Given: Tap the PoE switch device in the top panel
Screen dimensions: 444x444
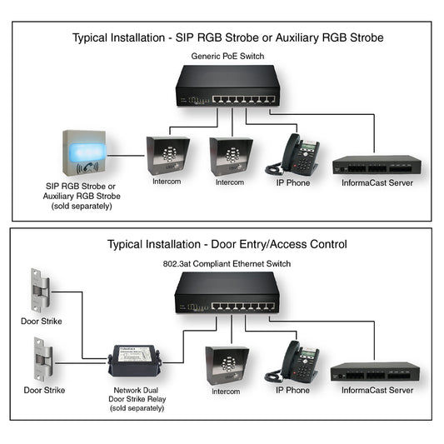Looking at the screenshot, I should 227,88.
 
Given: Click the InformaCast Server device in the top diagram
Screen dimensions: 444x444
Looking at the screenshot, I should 376,164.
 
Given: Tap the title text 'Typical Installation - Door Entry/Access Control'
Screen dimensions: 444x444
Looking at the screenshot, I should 227,244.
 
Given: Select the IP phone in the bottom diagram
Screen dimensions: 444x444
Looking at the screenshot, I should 297,361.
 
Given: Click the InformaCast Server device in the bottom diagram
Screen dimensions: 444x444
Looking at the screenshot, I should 374,372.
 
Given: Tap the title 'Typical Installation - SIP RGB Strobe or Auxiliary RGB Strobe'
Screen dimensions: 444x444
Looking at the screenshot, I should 227,38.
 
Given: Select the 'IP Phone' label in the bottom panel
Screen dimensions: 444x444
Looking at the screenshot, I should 293,390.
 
